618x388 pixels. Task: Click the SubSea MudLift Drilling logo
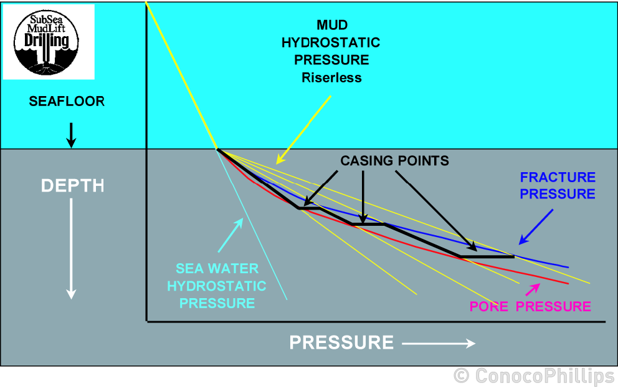(49, 42)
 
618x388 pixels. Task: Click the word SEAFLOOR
(67, 101)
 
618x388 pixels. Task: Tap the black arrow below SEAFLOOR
(71, 135)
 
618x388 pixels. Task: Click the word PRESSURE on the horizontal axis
(341, 342)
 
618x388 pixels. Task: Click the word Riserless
(331, 78)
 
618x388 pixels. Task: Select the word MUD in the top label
(331, 26)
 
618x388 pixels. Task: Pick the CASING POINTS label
(394, 161)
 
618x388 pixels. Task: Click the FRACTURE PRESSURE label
(558, 186)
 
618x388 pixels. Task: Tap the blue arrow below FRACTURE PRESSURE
(536, 226)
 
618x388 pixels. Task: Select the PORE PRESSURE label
(530, 306)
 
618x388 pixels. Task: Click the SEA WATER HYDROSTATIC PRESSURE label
(216, 286)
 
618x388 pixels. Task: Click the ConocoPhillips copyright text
(534, 376)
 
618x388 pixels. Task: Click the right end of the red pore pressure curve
(568, 283)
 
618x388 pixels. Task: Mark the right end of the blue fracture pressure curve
(568, 267)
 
